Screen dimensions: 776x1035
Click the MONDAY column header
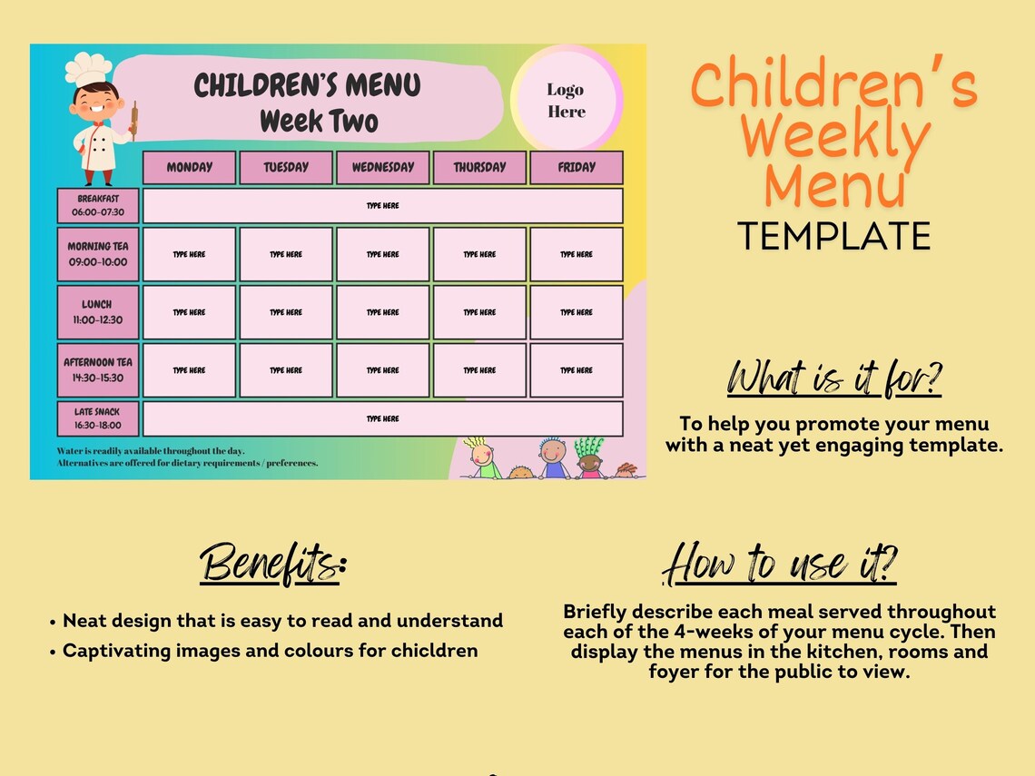pos(189,168)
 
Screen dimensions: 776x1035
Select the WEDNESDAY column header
pos(382,168)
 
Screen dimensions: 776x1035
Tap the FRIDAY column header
pos(577,168)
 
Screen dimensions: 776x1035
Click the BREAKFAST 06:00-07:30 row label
pos(98,205)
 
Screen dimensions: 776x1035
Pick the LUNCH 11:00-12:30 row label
pos(98,312)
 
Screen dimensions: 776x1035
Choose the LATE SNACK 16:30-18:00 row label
pos(98,418)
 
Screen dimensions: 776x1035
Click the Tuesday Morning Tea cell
pos(286,254)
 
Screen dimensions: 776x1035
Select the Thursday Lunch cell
pos(479,312)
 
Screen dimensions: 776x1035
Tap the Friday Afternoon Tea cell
pos(577,370)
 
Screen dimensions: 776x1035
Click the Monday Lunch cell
pos(189,312)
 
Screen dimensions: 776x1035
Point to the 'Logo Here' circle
pos(566,101)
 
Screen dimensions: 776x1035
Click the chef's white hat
pos(88,69)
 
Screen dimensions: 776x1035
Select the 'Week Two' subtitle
pos(319,121)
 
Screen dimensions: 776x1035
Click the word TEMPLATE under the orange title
pos(833,236)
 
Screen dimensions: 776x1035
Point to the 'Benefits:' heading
pos(273,564)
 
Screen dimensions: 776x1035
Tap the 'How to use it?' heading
pos(780,565)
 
